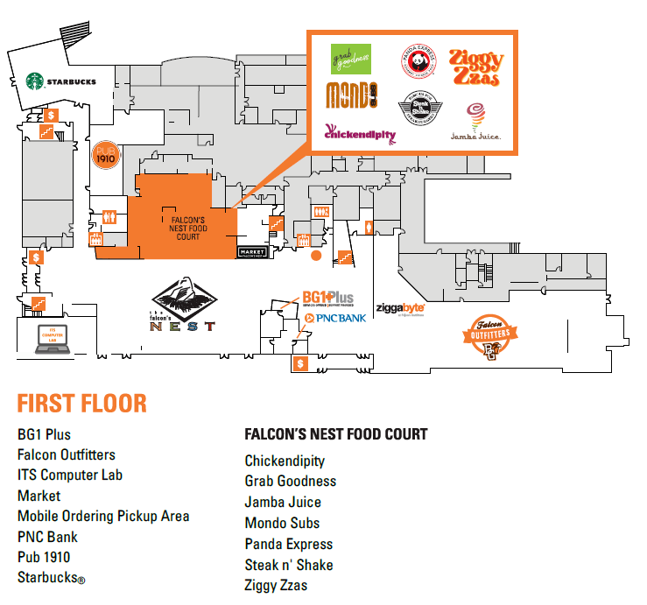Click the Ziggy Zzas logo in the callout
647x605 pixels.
pos(476,67)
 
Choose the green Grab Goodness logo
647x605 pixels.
pos(350,60)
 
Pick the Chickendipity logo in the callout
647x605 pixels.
pos(360,133)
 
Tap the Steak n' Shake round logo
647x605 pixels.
pos(417,109)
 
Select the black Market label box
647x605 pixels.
pos(250,252)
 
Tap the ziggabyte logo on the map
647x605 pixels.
pos(400,308)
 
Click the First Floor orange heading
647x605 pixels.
pos(81,404)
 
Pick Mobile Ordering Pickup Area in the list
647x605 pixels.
pos(102,516)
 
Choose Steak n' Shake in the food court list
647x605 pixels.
pos(289,565)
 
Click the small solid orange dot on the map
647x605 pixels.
pos(316,256)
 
